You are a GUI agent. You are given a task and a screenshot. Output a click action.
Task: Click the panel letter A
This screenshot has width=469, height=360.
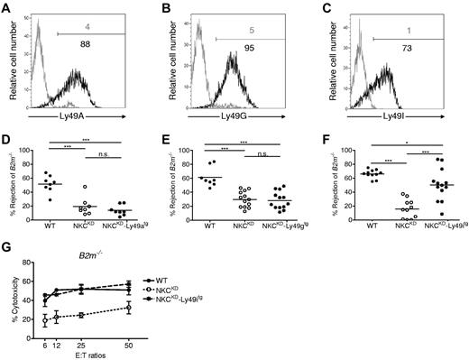click(6, 6)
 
